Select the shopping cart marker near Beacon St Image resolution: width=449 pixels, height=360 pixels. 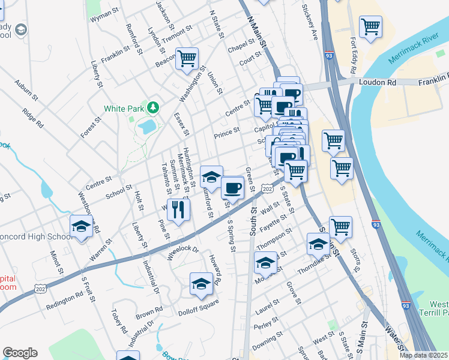coord(187,59)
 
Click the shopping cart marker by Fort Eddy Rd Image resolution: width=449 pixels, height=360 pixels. coord(370,26)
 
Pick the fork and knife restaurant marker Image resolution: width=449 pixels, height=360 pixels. coord(178,209)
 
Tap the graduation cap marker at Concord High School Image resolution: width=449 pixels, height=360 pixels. coord(81,227)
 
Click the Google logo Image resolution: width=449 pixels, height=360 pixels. coord(20,353)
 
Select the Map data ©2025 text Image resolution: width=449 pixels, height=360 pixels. coord(423,355)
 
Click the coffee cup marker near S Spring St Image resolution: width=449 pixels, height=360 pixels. coord(232,187)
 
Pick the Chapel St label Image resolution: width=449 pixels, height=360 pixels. coord(241,46)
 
